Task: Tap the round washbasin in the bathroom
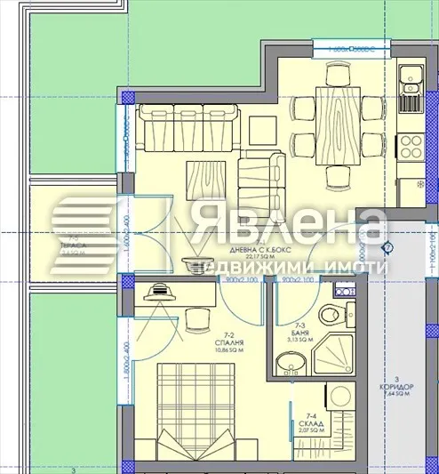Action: tap(288, 364)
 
